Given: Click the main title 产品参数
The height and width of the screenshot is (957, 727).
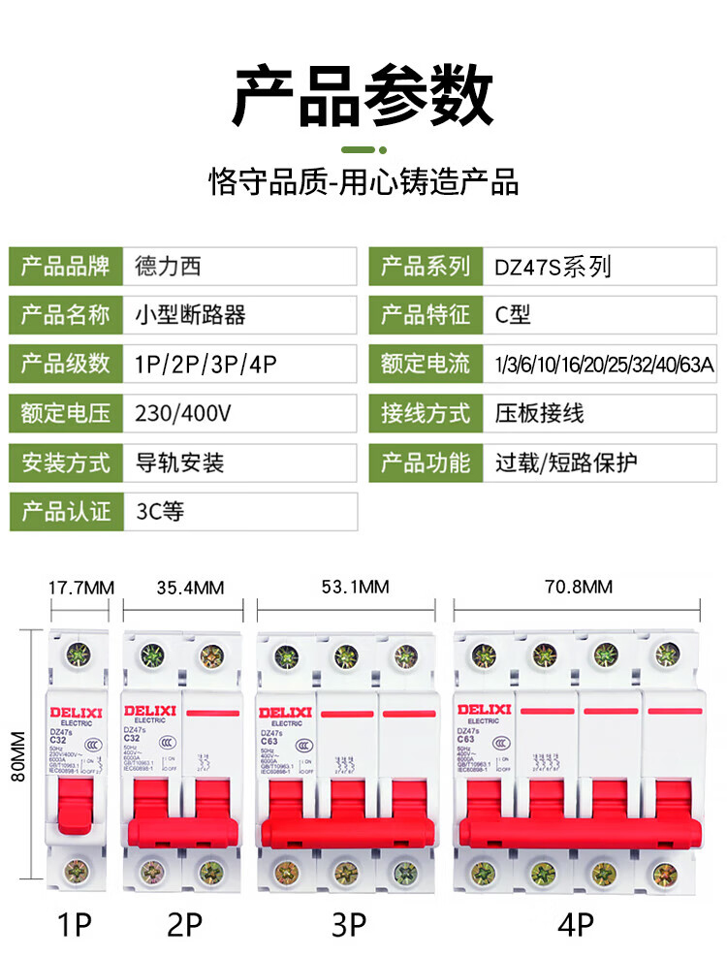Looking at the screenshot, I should (x=363, y=96).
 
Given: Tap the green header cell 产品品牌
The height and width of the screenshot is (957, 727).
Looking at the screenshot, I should (x=66, y=266).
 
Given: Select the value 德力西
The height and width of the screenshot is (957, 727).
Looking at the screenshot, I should (x=170, y=266).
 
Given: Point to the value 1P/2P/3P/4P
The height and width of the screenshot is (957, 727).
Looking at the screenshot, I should (x=207, y=365).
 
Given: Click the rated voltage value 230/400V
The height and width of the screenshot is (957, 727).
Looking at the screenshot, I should (x=184, y=414).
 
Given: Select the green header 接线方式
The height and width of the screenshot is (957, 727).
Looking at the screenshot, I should (x=426, y=414).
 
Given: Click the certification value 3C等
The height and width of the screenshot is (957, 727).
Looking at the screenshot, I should (x=160, y=511).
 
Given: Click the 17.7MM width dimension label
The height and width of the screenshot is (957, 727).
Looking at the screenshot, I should (x=81, y=588).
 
